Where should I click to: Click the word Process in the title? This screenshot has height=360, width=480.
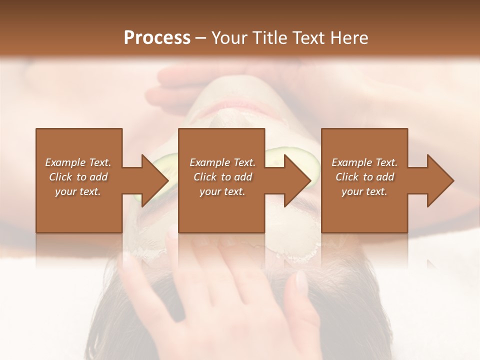[x=157, y=37]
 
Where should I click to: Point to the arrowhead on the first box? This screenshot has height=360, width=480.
[x=153, y=180]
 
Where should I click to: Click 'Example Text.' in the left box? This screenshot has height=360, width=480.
[x=78, y=162]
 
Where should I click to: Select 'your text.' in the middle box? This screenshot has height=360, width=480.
[x=222, y=191]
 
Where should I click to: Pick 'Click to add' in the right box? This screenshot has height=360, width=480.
[x=364, y=177]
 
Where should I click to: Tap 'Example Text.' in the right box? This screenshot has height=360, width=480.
[x=364, y=162]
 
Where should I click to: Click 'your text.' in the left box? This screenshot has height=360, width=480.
[x=78, y=191]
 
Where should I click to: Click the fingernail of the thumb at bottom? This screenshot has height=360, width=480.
[x=301, y=280]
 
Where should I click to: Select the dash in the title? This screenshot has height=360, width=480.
[x=200, y=38]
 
